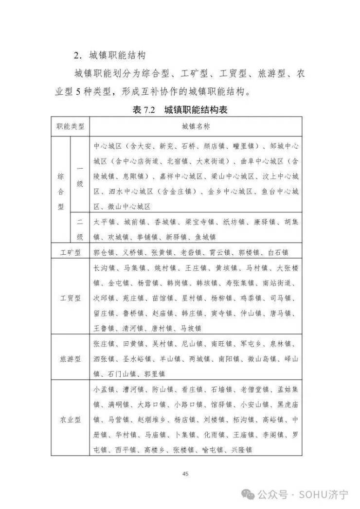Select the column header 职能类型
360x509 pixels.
[x=70, y=126]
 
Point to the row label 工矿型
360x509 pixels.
[x=70, y=252]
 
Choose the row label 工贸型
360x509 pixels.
[x=70, y=297]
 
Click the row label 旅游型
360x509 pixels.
[x=70, y=359]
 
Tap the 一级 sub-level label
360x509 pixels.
[x=80, y=176]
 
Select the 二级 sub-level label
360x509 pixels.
[x=80, y=229]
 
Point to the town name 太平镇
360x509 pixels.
[x=104, y=222]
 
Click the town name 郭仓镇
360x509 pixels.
[x=104, y=252]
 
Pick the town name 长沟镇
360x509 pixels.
[x=104, y=267]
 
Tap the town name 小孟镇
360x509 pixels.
[x=104, y=389]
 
